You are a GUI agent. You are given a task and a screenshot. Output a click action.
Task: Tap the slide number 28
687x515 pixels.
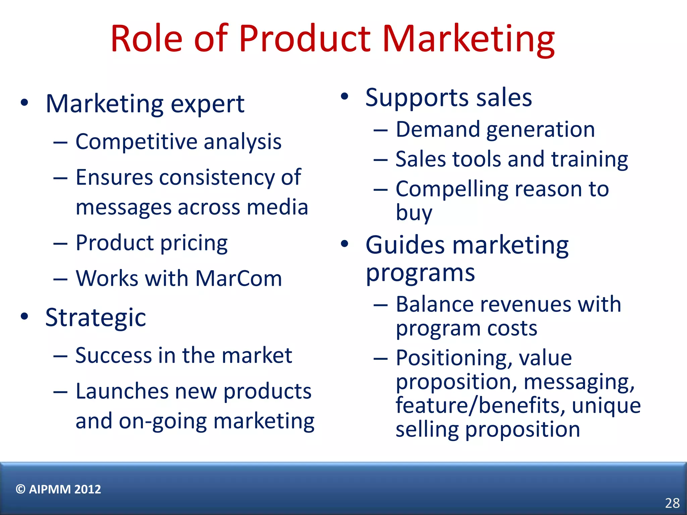(672, 503)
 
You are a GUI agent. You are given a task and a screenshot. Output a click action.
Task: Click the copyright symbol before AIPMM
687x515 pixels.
(20, 489)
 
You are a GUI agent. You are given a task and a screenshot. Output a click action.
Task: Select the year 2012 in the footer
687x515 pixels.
(88, 489)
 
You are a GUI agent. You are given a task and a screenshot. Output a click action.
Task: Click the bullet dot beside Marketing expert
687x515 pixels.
(24, 103)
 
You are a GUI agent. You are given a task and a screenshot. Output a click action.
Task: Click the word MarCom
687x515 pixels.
(239, 278)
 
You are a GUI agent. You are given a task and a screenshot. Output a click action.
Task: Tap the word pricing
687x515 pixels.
(194, 243)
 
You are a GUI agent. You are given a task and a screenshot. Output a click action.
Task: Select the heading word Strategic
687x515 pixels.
(96, 318)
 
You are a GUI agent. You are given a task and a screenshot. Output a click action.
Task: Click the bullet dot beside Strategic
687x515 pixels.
(24, 316)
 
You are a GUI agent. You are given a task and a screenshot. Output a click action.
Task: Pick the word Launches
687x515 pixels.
(122, 391)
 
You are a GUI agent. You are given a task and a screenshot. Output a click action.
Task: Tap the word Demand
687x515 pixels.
(438, 129)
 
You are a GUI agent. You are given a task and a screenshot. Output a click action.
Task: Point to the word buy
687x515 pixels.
(414, 213)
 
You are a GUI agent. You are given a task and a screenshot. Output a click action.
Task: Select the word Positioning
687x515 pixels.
(454, 358)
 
